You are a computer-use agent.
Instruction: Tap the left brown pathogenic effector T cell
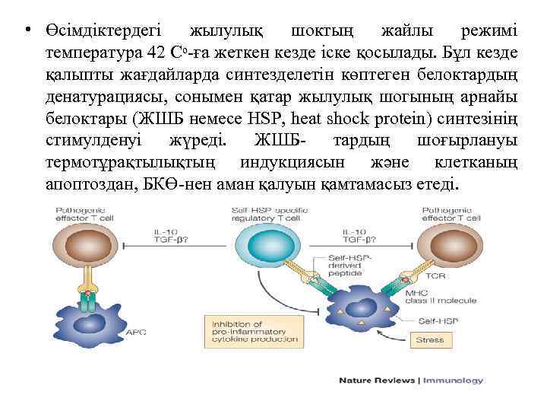click(87, 247)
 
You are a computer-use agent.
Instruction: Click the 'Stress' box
click(430, 339)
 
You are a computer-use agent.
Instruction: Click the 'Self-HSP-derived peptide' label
click(352, 263)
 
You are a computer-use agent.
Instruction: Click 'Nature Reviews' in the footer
click(377, 380)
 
